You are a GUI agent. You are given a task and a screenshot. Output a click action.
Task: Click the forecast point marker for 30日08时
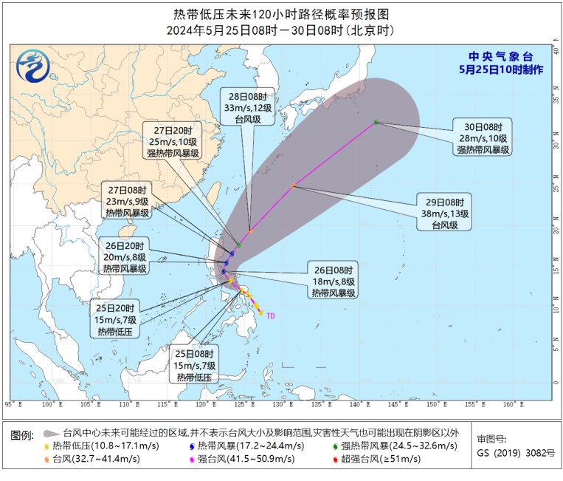376,122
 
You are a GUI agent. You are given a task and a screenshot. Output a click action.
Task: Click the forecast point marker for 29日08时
293,186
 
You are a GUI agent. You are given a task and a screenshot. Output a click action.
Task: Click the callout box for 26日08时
333,281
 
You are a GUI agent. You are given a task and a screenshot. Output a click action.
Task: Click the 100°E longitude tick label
50,404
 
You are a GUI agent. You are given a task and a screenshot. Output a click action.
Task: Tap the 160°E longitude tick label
508,404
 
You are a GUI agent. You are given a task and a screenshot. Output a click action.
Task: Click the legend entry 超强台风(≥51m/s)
377,459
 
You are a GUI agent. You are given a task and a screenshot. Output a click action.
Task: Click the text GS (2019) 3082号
515,451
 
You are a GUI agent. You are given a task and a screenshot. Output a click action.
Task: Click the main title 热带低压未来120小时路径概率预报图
281,13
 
